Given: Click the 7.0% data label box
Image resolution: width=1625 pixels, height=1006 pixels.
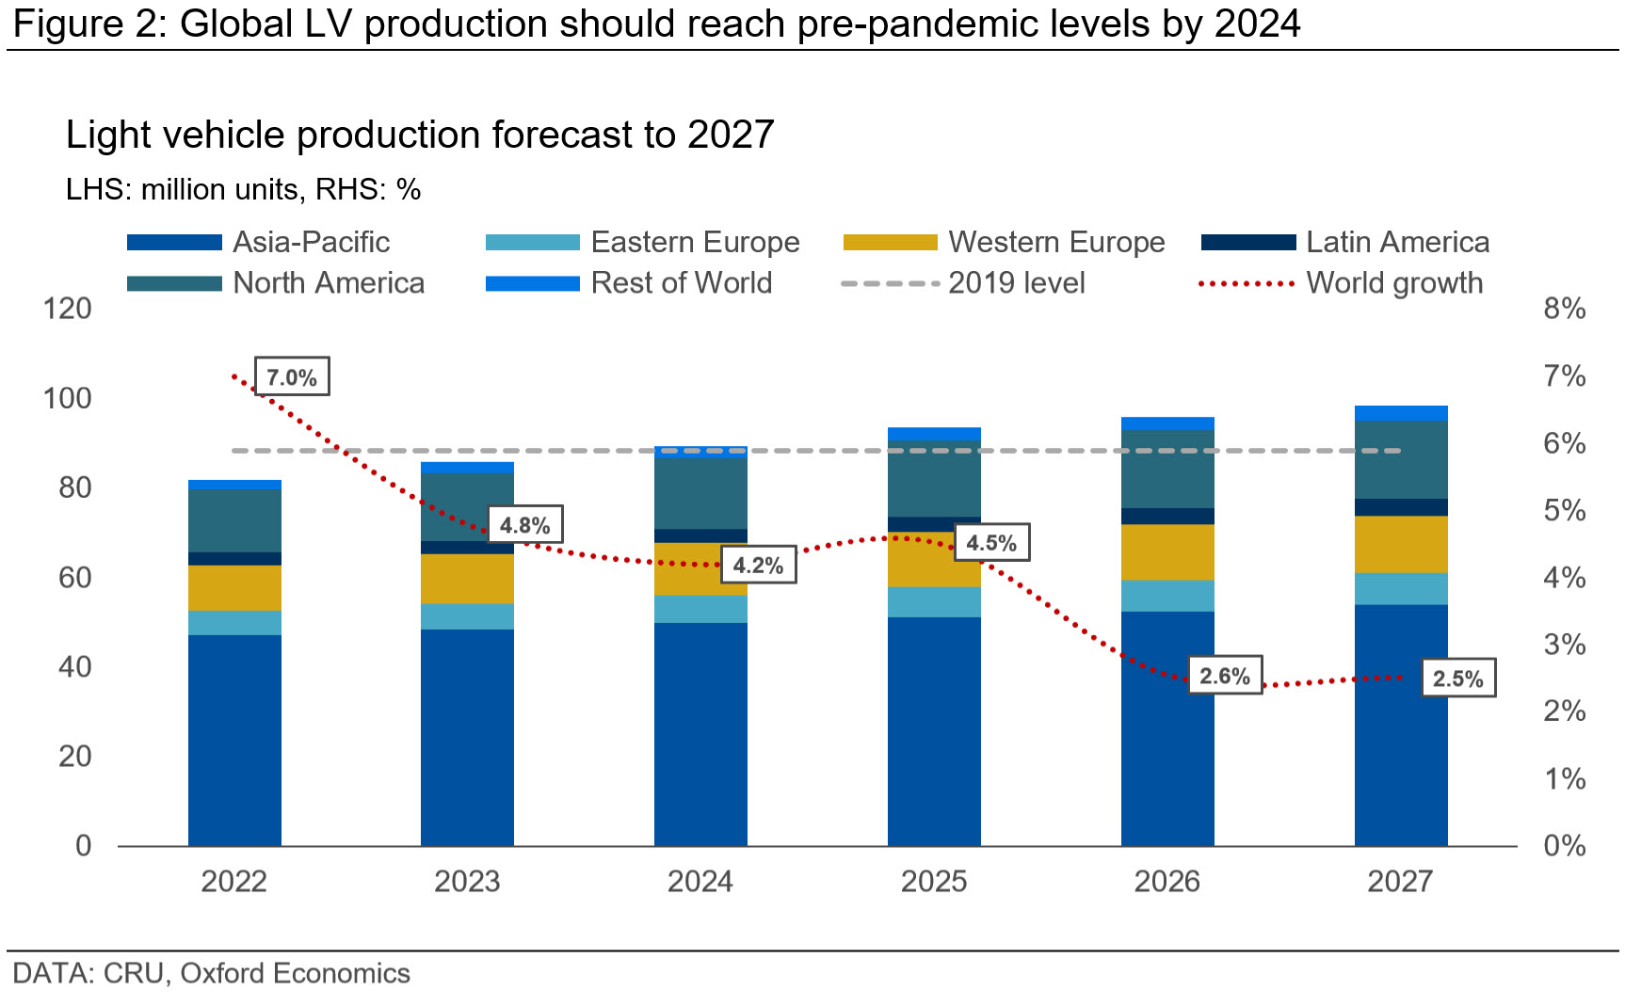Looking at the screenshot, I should point(292,377).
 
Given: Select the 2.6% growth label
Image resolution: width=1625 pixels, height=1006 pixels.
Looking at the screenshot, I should point(1224,676).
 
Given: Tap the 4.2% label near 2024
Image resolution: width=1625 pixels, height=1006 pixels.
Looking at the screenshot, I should point(758,565).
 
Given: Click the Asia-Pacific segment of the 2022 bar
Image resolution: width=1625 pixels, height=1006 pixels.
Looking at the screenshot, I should point(234,740).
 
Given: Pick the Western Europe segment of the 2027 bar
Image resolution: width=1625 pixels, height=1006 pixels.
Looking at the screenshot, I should point(1400,544).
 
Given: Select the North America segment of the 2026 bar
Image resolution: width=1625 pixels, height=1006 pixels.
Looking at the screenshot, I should point(1166,469).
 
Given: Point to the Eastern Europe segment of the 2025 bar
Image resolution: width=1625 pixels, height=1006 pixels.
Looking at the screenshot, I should point(933,601).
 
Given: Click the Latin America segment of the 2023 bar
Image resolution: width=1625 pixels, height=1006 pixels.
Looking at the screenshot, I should point(467,547).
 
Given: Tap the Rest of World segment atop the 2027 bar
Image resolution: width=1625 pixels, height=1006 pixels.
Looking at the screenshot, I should point(1400,413).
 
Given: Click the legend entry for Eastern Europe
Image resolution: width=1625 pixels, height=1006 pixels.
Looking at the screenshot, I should point(695,242).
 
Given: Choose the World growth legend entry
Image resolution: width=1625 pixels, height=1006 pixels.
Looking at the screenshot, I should point(1393,283).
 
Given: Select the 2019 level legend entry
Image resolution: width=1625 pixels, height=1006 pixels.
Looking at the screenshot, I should point(1016,283).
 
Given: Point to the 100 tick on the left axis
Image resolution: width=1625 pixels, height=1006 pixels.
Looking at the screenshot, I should point(68,398).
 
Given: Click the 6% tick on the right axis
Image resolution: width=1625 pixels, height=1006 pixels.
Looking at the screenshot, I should point(1564,443).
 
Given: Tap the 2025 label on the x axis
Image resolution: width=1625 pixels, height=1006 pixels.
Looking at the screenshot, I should point(933,882).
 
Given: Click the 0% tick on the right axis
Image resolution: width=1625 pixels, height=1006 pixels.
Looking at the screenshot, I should point(1564,846).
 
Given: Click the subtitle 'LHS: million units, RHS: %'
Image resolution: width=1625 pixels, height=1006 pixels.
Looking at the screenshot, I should point(243,189).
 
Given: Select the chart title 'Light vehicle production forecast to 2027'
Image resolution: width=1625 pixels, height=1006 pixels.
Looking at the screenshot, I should point(420,135).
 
